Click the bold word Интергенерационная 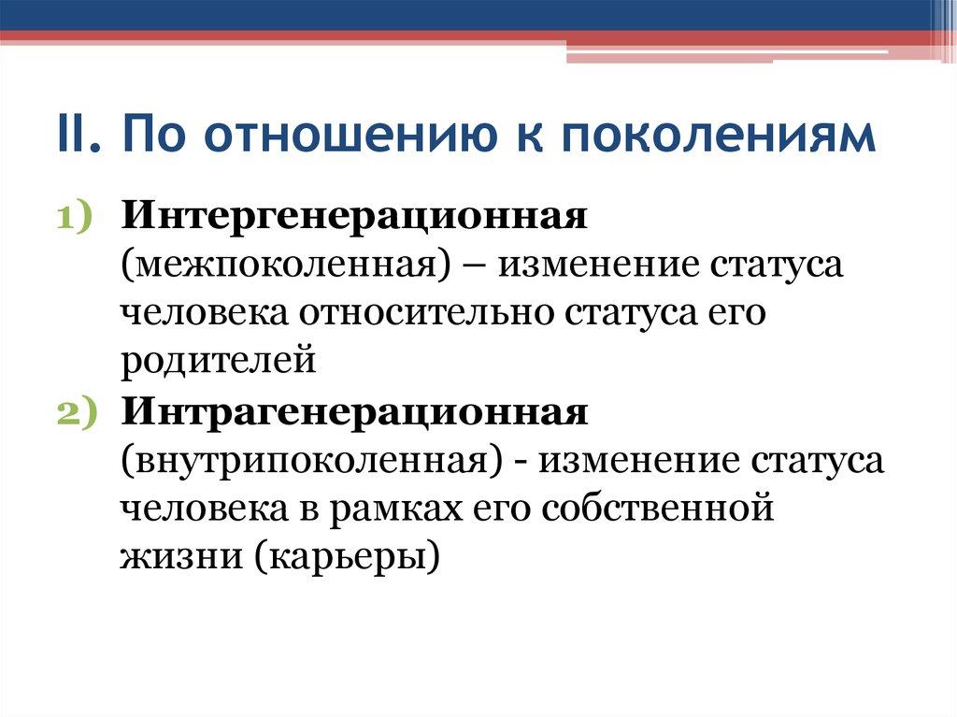(353, 217)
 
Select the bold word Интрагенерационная (353, 412)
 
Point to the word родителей (218, 362)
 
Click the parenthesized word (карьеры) (342, 558)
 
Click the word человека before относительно (204, 313)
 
